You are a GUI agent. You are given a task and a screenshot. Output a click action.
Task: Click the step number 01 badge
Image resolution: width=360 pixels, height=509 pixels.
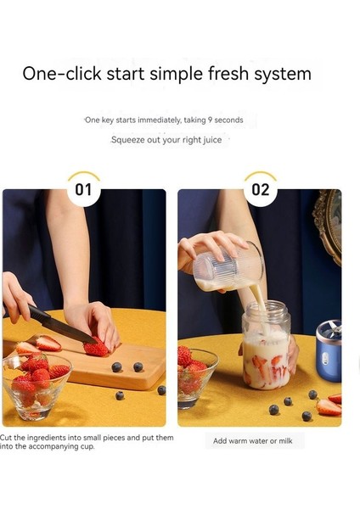(84, 189)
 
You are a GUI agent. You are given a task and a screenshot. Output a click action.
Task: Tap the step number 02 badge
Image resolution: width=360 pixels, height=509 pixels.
(261, 189)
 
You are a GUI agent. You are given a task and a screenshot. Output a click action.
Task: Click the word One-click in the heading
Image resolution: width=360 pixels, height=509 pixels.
(62, 73)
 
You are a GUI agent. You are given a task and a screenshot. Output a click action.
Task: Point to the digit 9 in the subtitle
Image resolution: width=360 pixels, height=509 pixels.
(210, 120)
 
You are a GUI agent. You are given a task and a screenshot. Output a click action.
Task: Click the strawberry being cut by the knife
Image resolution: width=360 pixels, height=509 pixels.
(96, 348)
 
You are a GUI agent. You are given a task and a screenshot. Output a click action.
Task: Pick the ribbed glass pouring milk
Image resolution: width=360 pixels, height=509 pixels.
(228, 267)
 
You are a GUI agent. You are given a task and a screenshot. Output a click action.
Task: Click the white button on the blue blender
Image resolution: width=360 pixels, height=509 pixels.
(325, 358)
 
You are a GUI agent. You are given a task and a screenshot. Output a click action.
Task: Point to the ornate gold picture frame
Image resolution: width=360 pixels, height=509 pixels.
(328, 225)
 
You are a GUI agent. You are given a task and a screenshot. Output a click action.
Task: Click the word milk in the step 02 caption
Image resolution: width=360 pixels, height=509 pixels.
(285, 441)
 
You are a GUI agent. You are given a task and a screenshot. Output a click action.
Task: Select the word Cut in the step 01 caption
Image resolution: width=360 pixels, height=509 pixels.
(5, 438)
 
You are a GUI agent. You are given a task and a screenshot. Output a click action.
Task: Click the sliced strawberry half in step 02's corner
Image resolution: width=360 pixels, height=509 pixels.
(329, 407)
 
